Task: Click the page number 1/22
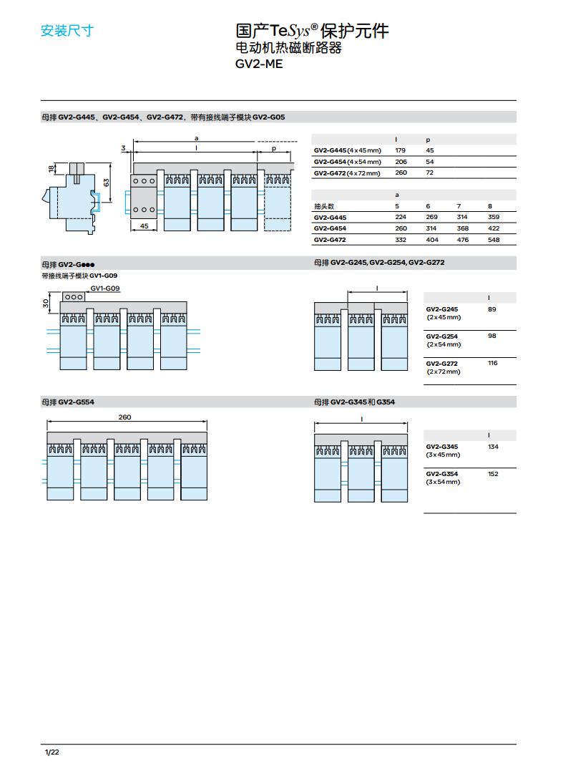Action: coord(52,752)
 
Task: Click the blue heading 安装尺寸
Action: coord(67,31)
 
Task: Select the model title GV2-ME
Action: coord(259,64)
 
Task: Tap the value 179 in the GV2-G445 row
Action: coord(400,150)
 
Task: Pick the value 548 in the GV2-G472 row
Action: coord(494,240)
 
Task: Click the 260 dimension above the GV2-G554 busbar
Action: coord(124,417)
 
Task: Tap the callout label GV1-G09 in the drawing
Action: coord(105,288)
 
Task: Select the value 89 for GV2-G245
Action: coord(491,309)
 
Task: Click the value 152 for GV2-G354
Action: coord(493,474)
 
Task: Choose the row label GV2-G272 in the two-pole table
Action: coord(441,363)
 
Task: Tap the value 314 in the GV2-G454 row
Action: coord(431,228)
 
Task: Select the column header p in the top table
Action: coord(428,140)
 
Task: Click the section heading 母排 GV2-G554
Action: coord(67,402)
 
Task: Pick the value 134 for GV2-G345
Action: coord(493,447)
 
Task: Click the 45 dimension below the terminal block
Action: coord(144,226)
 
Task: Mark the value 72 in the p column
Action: coord(429,173)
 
